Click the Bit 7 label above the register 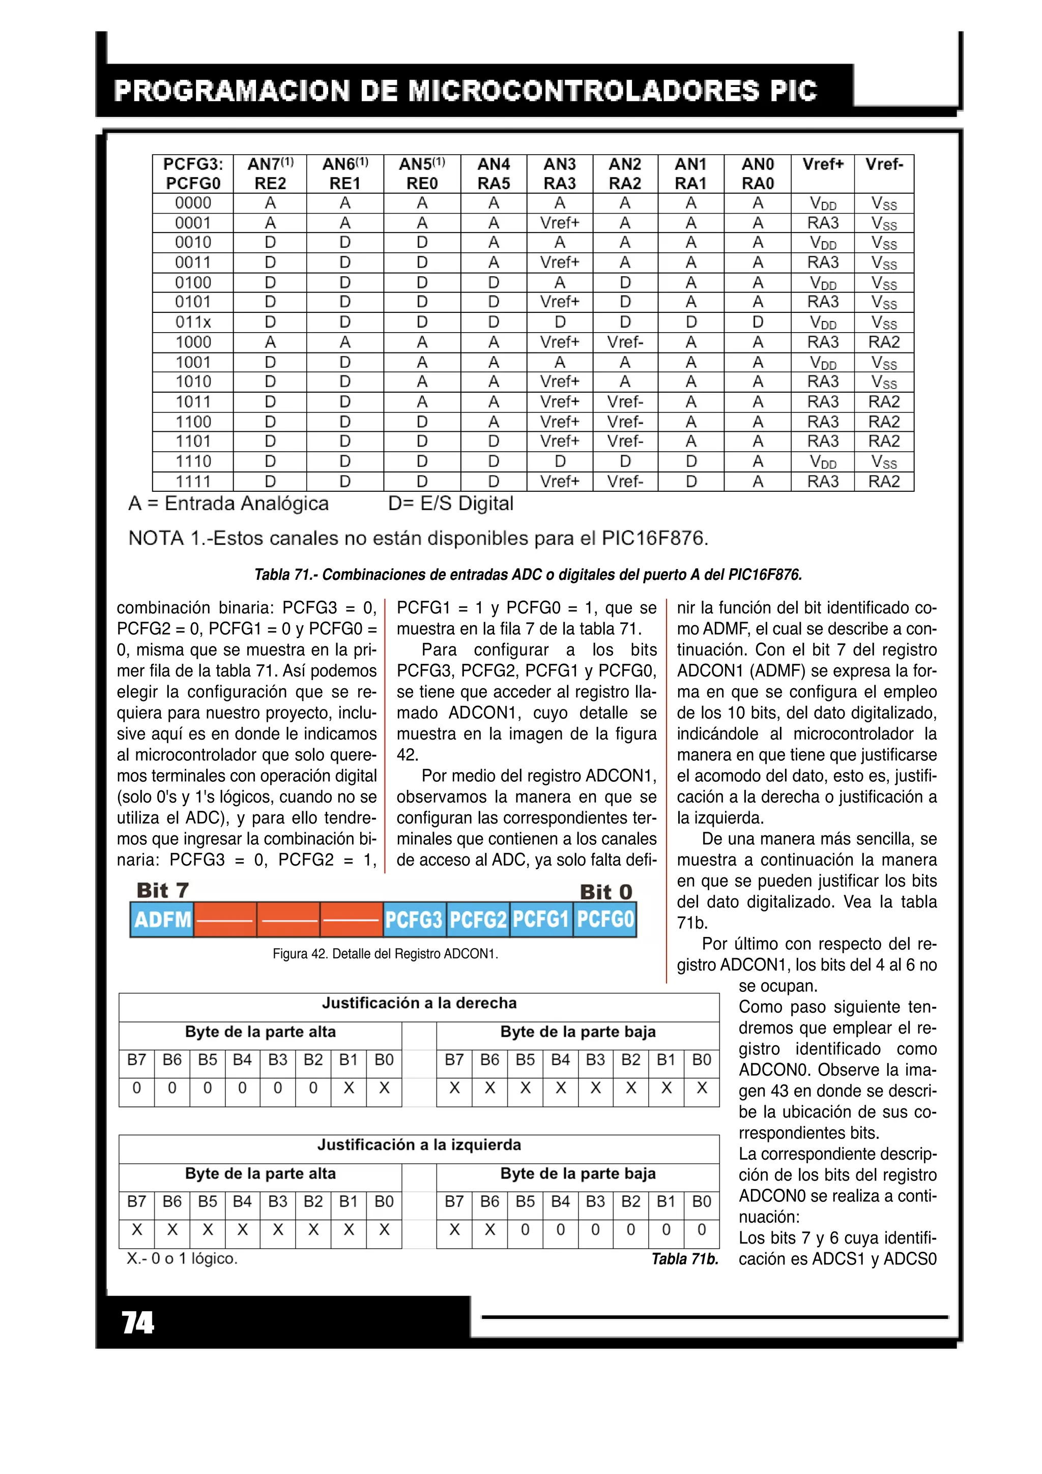162,891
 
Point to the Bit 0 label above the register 605,892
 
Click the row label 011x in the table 193,322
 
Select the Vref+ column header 822,164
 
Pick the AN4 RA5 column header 493,173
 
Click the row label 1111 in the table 193,482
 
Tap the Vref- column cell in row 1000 884,342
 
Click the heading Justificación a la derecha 419,1003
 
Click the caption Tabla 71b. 684,1259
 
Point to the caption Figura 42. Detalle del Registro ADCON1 385,954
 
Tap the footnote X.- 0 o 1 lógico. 182,1258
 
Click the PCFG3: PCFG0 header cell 193,173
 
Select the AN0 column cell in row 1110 758,462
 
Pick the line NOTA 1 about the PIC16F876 418,538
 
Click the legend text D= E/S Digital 450,504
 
